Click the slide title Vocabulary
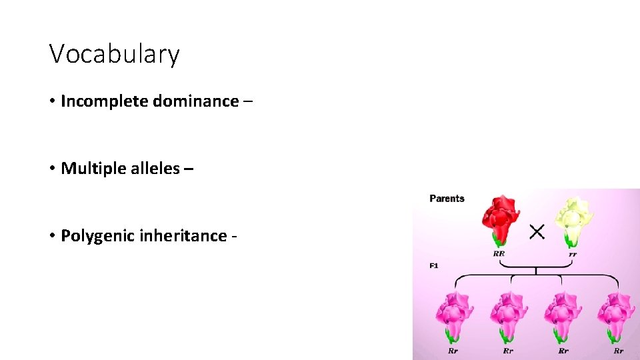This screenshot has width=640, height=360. tap(114, 54)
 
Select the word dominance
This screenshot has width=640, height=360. tap(195, 101)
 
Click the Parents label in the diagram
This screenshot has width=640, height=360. tap(447, 199)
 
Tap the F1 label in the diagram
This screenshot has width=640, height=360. tap(434, 265)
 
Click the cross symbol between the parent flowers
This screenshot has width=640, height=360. tap(537, 231)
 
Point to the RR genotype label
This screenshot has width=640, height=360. tap(499, 254)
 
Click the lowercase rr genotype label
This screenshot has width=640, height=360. tap(573, 254)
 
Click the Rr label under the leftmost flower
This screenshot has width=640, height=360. tap(453, 351)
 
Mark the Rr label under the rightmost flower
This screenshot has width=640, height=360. tap(618, 351)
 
